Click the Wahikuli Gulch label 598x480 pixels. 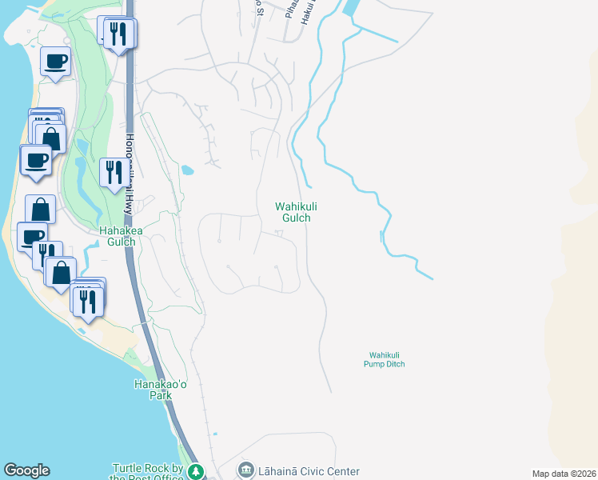tap(292, 211)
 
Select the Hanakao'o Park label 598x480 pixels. tap(154, 390)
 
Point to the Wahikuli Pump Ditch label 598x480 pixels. tap(387, 359)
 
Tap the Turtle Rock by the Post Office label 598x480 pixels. tap(149, 472)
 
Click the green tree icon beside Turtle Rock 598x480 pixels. tap(196, 473)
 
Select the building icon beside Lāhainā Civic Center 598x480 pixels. tap(246, 470)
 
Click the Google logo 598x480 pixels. tap(26, 470)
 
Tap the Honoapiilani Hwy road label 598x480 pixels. tap(128, 172)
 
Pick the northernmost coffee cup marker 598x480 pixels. tap(55, 61)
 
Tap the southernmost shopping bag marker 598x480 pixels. tap(61, 272)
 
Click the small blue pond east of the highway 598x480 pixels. tap(187, 170)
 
